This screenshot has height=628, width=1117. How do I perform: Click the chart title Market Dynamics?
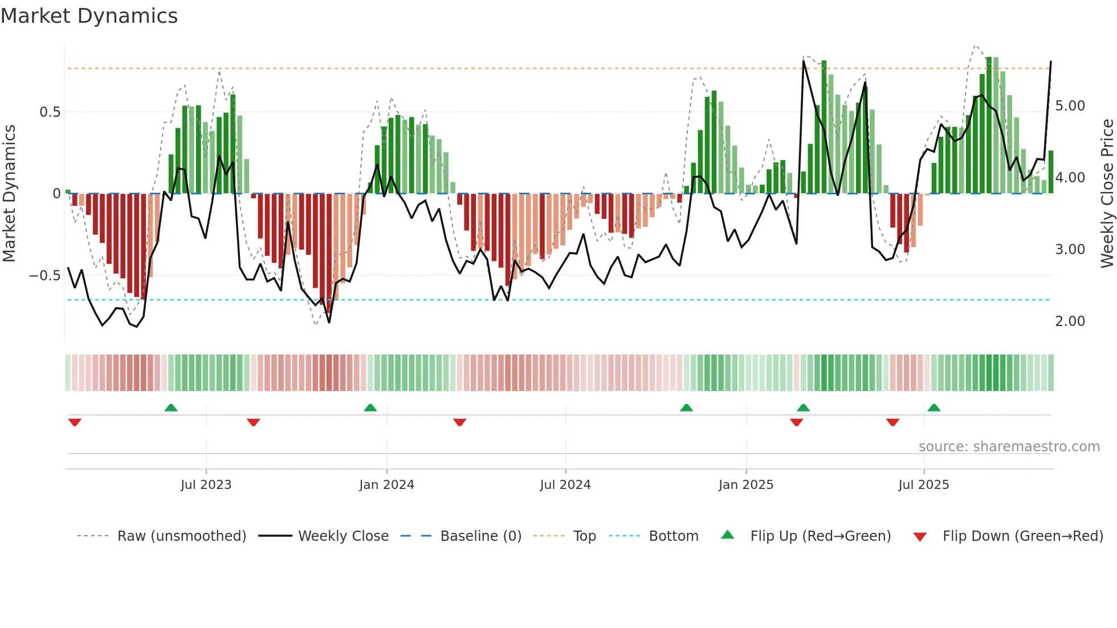[89, 16]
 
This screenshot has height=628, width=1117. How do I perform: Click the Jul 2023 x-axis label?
[206, 485]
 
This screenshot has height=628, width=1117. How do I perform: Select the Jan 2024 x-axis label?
[386, 485]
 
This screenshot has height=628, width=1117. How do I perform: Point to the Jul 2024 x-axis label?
[565, 485]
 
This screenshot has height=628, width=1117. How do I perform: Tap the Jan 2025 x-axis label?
[745, 485]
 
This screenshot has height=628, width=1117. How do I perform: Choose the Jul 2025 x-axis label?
[923, 485]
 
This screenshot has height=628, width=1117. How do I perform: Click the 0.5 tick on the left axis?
[50, 112]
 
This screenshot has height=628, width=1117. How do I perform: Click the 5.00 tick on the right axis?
[1070, 106]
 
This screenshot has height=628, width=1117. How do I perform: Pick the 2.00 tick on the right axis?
[1070, 321]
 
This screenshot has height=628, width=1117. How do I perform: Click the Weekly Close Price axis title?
[1107, 194]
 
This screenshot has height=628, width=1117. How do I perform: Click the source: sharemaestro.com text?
[1009, 447]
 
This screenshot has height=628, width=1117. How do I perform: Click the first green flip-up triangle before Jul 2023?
[171, 407]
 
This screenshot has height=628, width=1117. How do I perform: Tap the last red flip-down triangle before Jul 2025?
[892, 422]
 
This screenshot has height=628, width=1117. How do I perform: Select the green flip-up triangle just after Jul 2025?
[933, 407]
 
